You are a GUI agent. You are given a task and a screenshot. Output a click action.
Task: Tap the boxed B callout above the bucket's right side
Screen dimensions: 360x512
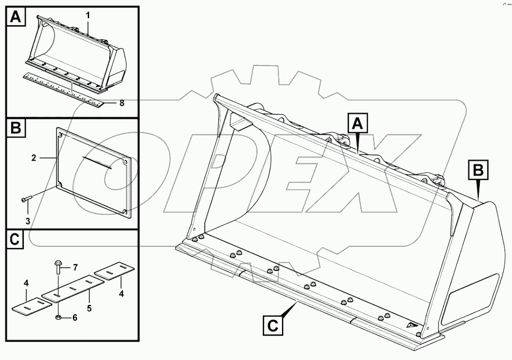pyautogui.click(x=477, y=171)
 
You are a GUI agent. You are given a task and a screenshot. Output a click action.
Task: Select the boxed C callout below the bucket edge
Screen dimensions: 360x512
pyautogui.click(x=274, y=325)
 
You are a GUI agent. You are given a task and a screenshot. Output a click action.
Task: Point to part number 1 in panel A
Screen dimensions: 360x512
pyautogui.click(x=87, y=15)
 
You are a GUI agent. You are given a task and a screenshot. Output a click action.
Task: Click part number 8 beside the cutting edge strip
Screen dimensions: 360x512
pyautogui.click(x=122, y=103)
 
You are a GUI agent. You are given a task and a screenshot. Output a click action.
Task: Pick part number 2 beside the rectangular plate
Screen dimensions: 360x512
pyautogui.click(x=34, y=158)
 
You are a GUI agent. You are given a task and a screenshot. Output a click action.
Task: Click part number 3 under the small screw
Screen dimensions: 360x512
pyautogui.click(x=28, y=221)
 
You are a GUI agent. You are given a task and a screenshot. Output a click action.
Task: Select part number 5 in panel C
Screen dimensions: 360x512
pyautogui.click(x=89, y=308)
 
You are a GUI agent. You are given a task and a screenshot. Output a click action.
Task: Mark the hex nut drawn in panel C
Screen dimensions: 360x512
pyautogui.click(x=58, y=318)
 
